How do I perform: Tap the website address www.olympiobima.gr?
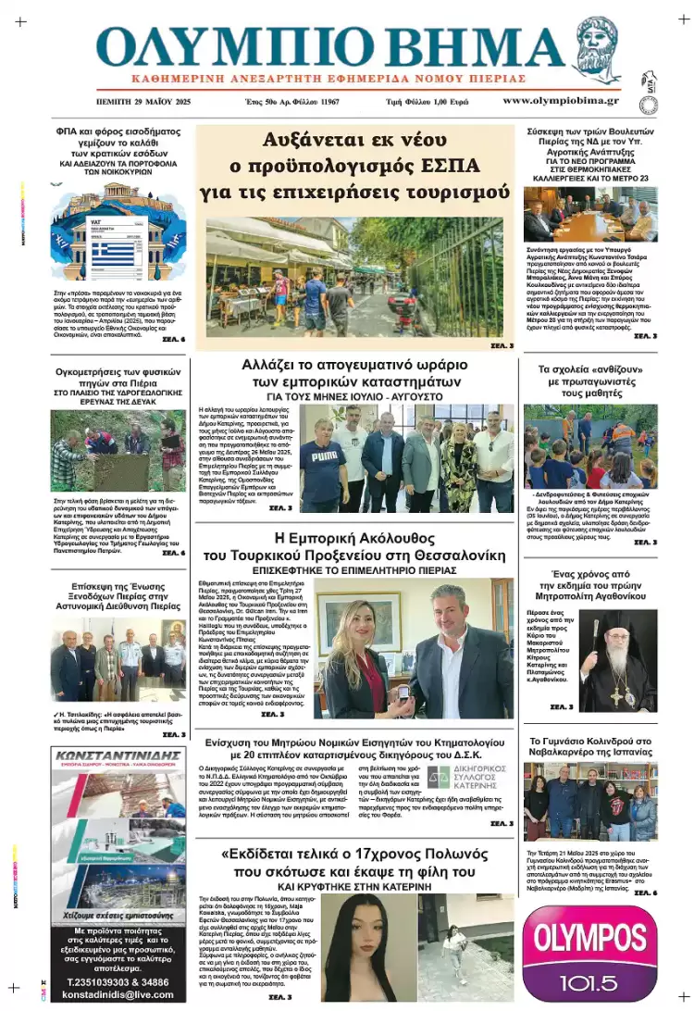[x=561, y=100]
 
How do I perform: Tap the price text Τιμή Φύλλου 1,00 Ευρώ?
[x=428, y=101]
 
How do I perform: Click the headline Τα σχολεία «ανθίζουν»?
[x=590, y=380]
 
